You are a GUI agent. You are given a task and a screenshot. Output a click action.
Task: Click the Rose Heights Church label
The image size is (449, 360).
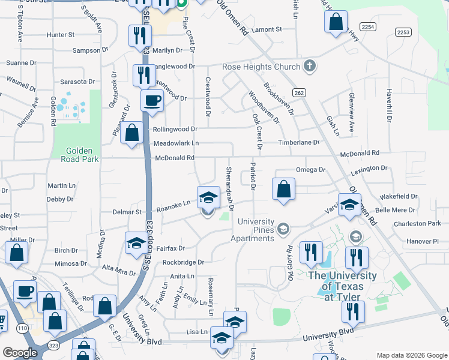click(x=261, y=67)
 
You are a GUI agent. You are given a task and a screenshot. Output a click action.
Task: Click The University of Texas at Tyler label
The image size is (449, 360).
click(x=342, y=280)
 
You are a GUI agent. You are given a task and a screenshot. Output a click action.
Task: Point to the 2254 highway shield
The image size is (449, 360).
click(x=368, y=26)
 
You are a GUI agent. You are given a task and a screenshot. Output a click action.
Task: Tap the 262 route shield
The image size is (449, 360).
click(x=299, y=92)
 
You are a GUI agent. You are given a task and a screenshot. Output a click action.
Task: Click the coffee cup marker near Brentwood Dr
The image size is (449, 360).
click(x=152, y=100)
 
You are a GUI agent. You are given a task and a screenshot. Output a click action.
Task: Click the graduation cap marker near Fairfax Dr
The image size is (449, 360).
click(x=136, y=242)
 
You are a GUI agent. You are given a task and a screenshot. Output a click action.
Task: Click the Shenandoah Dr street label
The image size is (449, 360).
click(x=229, y=183)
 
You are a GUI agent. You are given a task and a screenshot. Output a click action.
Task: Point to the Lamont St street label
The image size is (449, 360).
click(x=267, y=29)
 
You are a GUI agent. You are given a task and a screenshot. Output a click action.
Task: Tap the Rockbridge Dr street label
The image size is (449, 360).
click(x=184, y=262)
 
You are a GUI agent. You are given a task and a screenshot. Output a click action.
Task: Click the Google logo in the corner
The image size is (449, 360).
click(x=20, y=353)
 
